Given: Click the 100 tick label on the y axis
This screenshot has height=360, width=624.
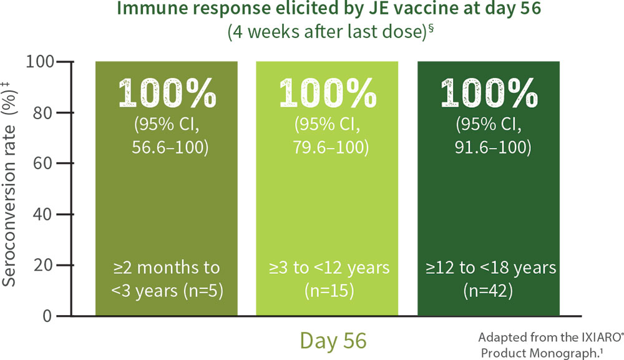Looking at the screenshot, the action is point(39,62).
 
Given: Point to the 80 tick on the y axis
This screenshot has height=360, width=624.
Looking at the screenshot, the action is point(43,113).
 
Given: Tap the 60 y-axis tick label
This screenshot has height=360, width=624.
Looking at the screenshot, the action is point(43,163).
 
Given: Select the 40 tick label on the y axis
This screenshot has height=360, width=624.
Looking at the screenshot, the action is point(43,215).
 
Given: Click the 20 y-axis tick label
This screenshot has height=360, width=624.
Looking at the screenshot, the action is point(43,265).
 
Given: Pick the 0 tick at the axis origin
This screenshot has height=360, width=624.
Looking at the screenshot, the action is point(47,316).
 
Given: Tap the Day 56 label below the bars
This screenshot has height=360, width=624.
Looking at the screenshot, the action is point(333,341).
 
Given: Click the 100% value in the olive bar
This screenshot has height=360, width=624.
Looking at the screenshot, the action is point(167,93).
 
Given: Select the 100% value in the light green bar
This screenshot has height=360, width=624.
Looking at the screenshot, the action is point(328,93).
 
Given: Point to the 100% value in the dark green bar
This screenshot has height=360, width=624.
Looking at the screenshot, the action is point(489,93).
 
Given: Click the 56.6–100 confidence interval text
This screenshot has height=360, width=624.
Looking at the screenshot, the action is point(170,147).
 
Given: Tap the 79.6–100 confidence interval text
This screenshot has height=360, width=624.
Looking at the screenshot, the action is point(331,147).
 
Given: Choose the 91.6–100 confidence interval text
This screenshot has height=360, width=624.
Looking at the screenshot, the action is point(493,147).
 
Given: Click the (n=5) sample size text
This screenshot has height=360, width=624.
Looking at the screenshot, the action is point(203,291).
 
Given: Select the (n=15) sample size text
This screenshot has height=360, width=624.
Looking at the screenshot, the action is point(329,291).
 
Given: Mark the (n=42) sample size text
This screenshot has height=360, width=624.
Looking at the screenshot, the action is point(488,291).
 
